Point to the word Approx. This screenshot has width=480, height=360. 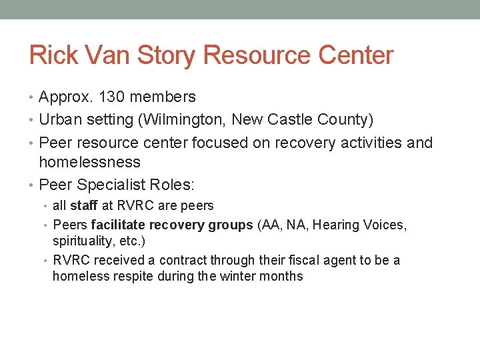(x=66, y=97)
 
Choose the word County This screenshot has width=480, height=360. (x=346, y=120)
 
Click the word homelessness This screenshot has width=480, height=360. (x=90, y=162)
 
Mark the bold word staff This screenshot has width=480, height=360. (x=84, y=206)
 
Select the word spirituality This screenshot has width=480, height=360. (x=83, y=241)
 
